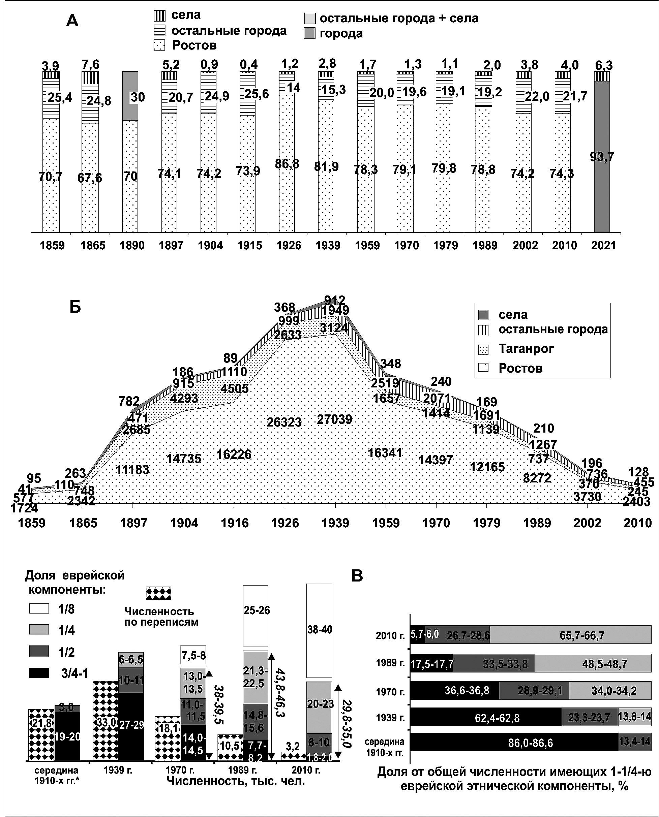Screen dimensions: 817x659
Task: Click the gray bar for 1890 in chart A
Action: pyautogui.click(x=130, y=96)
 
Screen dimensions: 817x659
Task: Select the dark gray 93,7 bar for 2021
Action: pyautogui.click(x=602, y=156)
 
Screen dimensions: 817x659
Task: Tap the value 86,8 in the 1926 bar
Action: pyautogui.click(x=287, y=164)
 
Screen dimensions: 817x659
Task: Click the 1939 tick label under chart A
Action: pyautogui.click(x=328, y=246)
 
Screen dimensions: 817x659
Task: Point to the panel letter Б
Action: pyautogui.click(x=75, y=307)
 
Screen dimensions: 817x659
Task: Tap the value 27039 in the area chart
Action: pyautogui.click(x=335, y=419)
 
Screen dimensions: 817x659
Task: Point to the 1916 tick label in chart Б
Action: pyautogui.click(x=235, y=523)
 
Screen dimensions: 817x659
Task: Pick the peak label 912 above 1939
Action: pyautogui.click(x=334, y=300)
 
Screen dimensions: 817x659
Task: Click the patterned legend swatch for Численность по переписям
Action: pyautogui.click(x=159, y=593)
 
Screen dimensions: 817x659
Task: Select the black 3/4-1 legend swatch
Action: pyautogui.click(x=39, y=673)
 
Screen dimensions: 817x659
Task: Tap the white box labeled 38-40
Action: pyautogui.click(x=319, y=630)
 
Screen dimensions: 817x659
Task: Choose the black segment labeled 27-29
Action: pyautogui.click(x=131, y=725)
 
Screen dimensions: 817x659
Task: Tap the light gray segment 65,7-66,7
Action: pyautogui.click(x=571, y=635)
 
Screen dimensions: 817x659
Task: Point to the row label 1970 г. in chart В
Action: pyautogui.click(x=391, y=692)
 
